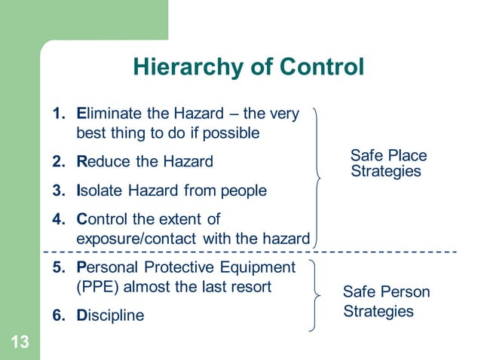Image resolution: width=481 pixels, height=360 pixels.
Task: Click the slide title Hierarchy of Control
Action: [248, 68]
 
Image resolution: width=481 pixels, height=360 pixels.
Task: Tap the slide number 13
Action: [20, 343]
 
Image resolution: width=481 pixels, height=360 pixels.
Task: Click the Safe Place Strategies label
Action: [388, 163]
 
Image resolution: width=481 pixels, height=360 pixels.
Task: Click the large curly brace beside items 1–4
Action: [318, 178]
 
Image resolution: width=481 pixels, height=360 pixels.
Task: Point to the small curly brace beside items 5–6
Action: [314, 295]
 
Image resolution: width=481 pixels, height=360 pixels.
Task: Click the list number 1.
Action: [57, 114]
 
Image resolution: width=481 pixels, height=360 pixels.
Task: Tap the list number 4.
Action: [57, 220]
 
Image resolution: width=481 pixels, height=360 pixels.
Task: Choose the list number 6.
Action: [57, 316]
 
